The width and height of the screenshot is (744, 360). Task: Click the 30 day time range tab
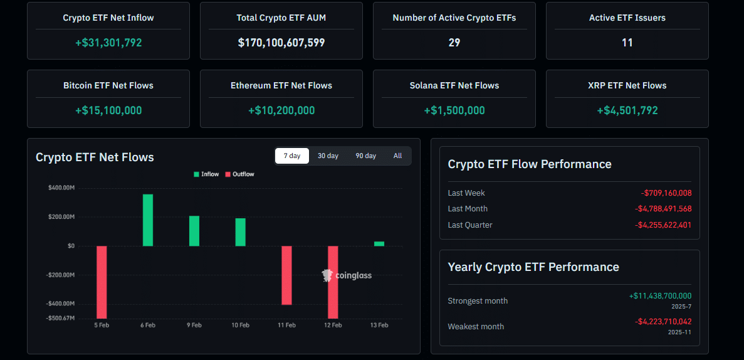[328, 156]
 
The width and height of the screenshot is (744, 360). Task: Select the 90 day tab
[365, 156]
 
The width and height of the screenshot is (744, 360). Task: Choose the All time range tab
[397, 156]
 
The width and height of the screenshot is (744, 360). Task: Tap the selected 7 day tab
[292, 156]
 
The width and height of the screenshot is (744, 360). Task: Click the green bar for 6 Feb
[148, 220]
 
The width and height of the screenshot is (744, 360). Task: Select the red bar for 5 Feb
[102, 282]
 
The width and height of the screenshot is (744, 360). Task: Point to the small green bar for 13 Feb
[379, 243]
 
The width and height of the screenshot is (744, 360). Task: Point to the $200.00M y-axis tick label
[61, 217]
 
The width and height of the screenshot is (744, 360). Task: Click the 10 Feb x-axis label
[240, 325]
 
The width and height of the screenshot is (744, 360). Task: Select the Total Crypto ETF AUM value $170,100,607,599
[281, 43]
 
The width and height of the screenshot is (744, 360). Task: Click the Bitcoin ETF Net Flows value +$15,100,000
[108, 110]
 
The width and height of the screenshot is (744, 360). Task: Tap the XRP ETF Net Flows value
[627, 110]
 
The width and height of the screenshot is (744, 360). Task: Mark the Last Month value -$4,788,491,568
[663, 209]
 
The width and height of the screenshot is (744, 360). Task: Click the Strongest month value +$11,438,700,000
[660, 296]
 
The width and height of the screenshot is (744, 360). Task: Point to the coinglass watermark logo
[347, 275]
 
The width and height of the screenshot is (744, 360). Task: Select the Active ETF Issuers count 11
[627, 43]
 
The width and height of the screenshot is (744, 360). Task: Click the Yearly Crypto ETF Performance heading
[533, 267]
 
